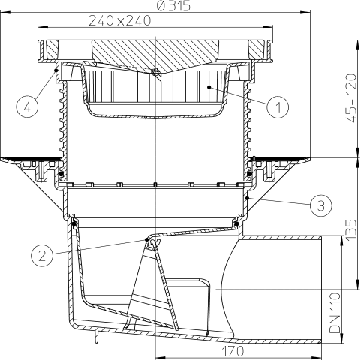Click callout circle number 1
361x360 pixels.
click(x=277, y=106)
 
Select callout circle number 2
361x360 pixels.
click(x=43, y=255)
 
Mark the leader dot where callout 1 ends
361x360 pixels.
click(x=209, y=88)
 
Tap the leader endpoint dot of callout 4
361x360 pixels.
click(x=58, y=70)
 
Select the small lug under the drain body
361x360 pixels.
click(x=95, y=339)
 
